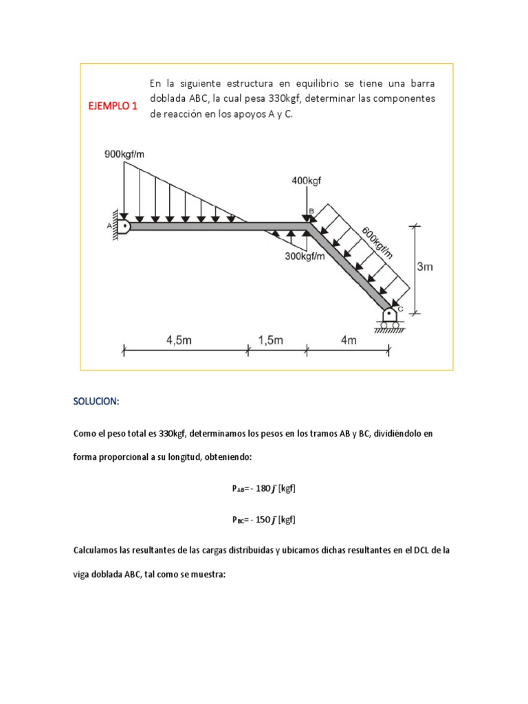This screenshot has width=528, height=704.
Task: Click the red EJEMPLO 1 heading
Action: [111, 106]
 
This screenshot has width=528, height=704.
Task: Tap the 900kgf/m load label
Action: [124, 154]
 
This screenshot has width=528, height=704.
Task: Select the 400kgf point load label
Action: [307, 181]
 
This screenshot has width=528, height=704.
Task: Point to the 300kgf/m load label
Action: [310, 256]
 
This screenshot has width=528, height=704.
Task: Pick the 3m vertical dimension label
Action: [425, 267]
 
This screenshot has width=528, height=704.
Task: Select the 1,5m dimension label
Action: [272, 340]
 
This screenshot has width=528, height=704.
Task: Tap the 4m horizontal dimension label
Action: [349, 340]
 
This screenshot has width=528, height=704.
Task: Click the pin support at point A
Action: [122, 225]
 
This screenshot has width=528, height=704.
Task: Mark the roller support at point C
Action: [390, 316]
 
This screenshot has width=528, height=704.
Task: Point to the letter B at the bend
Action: [310, 210]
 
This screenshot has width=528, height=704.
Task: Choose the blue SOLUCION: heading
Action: [96, 401]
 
